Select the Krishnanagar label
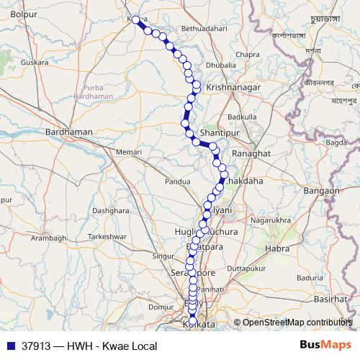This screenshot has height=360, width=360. pyautogui.click(x=230, y=85)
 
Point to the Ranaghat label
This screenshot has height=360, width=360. pyautogui.click(x=251, y=154)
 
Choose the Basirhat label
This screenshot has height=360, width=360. pyautogui.click(x=330, y=298)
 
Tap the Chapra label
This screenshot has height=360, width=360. pyautogui.click(x=247, y=55)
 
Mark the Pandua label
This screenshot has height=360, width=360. pyautogui.click(x=177, y=182)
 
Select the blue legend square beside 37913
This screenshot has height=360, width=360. pyautogui.click(x=9, y=344)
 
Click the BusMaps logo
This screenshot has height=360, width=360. pyautogui.click(x=325, y=344)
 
